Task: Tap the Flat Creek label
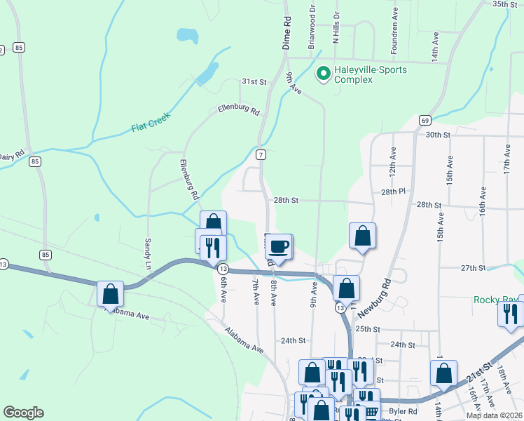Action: pyautogui.click(x=151, y=124)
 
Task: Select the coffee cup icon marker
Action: pyautogui.click(x=279, y=246)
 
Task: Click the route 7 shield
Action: pyautogui.click(x=260, y=154)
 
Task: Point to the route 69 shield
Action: pyautogui.click(x=425, y=120)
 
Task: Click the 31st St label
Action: pyautogui.click(x=254, y=82)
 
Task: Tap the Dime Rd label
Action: pyautogui.click(x=286, y=32)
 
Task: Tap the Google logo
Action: pyautogui.click(x=23, y=413)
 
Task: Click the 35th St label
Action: pyautogui.click(x=504, y=4)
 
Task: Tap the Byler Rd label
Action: pyautogui.click(x=403, y=412)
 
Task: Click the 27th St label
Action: pyautogui.click(x=473, y=268)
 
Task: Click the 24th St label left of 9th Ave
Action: pyautogui.click(x=294, y=340)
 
